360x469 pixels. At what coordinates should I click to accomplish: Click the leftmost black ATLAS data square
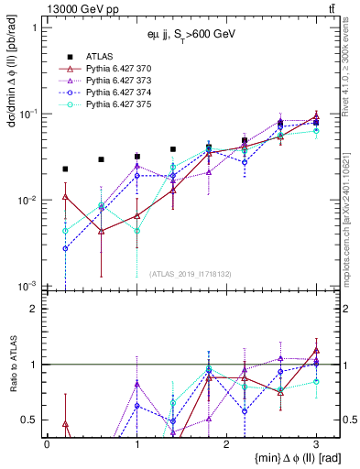(x=65, y=169)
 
